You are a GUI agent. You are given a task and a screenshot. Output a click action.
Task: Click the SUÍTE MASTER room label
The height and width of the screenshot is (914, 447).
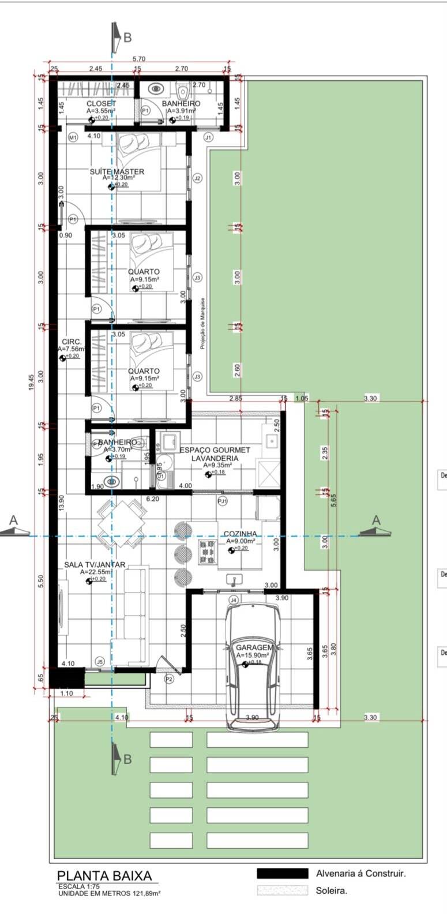click(117, 171)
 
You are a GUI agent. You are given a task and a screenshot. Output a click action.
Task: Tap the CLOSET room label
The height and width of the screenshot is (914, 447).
click(101, 104)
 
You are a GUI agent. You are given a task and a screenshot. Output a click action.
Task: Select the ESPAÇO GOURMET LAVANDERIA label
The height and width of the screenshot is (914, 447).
click(215, 454)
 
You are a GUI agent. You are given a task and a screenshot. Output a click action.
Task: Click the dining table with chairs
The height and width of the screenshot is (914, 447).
click(121, 524)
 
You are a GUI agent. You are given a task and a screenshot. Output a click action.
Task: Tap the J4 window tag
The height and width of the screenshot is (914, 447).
click(234, 600)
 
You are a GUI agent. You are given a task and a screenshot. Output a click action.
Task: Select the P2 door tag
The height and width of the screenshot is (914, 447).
click(169, 679)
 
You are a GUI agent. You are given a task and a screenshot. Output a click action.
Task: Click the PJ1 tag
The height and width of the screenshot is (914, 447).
click(222, 501)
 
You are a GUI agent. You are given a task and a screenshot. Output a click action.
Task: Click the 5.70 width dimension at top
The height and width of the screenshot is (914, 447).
click(139, 59)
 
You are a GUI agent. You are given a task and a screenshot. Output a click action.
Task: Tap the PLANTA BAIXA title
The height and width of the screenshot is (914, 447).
click(104, 876)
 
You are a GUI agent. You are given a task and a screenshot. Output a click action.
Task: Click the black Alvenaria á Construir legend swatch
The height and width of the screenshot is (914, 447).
click(282, 874)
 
